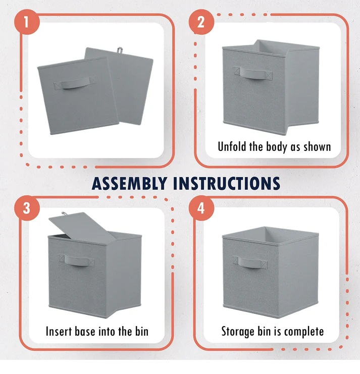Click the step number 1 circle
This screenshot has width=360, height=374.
[27, 22]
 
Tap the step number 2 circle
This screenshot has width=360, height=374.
[201, 22]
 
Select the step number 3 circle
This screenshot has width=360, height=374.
[27, 208]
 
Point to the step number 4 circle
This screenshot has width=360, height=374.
[201, 208]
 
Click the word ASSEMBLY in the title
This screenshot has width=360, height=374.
[129, 183]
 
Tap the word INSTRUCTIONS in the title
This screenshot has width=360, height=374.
[227, 183]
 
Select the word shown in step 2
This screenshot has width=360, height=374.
[317, 147]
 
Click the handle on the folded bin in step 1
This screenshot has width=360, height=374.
[75, 83]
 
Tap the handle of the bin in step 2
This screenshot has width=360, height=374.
[253, 73]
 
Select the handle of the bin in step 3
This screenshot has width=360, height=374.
[76, 260]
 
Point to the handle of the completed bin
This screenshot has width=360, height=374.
[250, 262]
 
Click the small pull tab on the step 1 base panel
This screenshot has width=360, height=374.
[120, 50]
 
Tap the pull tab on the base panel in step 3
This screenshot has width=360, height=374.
[65, 215]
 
